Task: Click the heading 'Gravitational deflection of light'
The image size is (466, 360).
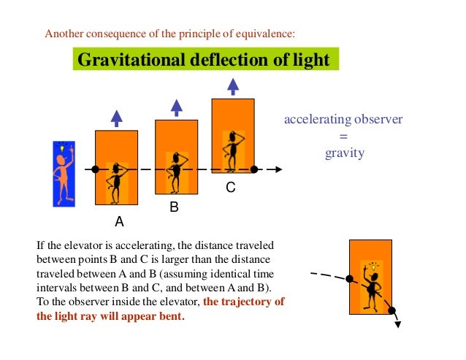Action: point(206,59)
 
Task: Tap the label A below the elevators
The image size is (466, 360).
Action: point(118,221)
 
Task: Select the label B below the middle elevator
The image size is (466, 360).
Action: point(174,207)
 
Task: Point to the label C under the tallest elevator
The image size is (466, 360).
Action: point(230,188)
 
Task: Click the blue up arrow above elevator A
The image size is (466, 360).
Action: point(116,116)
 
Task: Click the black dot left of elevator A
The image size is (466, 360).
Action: point(96,169)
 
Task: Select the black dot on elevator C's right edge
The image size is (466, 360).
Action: point(253,169)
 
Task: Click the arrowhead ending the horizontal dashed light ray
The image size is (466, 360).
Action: point(278,169)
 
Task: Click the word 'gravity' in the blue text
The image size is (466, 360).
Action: point(344,153)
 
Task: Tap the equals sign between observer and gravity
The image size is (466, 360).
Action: point(344,137)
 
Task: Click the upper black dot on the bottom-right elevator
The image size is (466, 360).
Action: point(349,279)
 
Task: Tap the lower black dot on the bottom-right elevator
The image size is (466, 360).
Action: point(391,310)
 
